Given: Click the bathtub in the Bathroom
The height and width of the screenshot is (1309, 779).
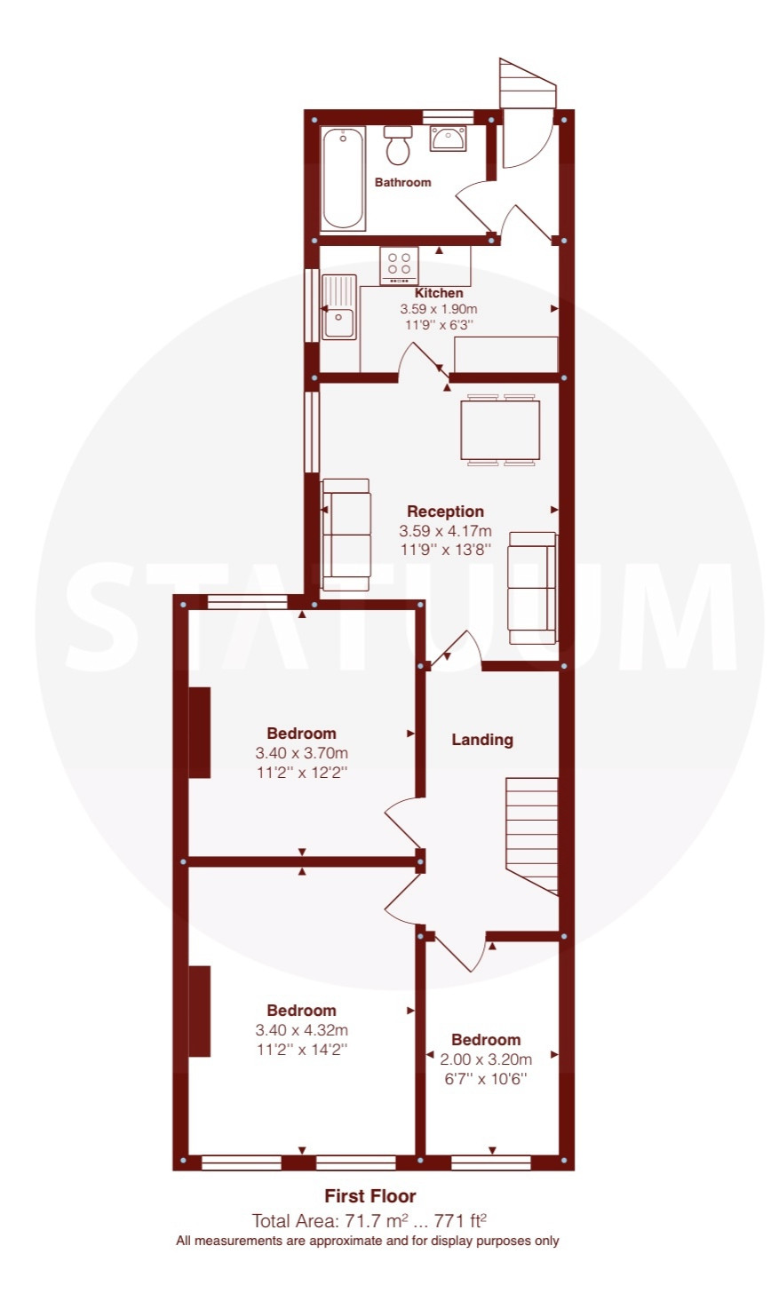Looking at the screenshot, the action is coord(344,178).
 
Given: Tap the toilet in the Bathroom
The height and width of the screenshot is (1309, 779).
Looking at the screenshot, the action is coord(398,146).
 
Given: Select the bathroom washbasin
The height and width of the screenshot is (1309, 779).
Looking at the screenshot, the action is coord(449,139).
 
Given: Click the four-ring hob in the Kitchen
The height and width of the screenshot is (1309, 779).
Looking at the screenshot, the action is coord(400,266).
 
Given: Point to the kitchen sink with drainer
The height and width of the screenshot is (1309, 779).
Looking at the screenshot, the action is coord(339,306).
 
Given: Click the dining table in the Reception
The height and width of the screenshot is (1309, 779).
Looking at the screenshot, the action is coord(500,430).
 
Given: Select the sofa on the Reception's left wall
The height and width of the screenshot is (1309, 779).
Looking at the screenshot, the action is coord(346,535).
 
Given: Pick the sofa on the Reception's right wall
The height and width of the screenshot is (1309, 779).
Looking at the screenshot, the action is coord(532,588).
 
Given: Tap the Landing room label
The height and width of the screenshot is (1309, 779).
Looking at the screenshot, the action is coord(482,740).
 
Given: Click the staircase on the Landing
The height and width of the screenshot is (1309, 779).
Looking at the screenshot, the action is coord(532,836).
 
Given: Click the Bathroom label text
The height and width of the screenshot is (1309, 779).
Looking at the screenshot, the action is coord(402,182).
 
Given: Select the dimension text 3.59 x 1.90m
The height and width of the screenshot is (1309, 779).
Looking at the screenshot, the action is coord(438,309).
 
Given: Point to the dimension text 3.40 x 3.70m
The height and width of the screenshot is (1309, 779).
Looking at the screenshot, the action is coord(301,753).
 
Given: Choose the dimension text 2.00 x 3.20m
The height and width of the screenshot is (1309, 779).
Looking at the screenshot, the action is coord(486,1059).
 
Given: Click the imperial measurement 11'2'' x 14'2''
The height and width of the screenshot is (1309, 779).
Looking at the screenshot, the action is coord(301,1049).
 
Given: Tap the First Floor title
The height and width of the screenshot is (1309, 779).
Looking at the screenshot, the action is coord(370,1196).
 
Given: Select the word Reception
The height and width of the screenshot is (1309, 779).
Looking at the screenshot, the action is coord(445,512).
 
